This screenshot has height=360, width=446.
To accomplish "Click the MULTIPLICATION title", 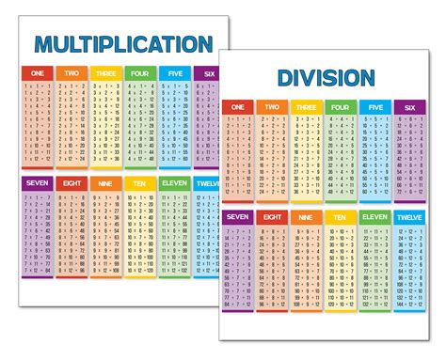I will click(x=123, y=43).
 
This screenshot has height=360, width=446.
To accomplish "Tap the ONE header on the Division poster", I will click(x=237, y=107).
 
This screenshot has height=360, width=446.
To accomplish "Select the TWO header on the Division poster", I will click(x=271, y=107).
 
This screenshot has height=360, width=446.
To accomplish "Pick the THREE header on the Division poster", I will click(x=305, y=107).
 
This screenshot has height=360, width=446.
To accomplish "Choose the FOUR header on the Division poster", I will click(x=340, y=107).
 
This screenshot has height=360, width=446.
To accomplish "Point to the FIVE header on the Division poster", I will click(x=374, y=107).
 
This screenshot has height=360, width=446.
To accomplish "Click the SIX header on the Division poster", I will click(x=408, y=107).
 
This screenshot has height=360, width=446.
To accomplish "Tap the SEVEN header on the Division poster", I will click(x=237, y=217).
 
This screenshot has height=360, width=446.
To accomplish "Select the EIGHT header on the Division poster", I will click(x=271, y=217).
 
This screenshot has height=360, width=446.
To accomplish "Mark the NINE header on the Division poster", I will click(x=305, y=217).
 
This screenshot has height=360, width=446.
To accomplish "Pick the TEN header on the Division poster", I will click(x=340, y=217).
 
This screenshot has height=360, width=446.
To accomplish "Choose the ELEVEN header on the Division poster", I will click(x=374, y=217).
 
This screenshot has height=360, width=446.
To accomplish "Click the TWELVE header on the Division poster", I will click(x=408, y=217).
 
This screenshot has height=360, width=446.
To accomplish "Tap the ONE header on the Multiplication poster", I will click(x=38, y=73).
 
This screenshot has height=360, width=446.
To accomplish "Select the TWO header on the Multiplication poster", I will click(x=72, y=73).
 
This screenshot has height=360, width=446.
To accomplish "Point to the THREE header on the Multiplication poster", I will click(x=105, y=73).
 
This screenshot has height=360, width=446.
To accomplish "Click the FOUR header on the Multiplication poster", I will click(x=139, y=73).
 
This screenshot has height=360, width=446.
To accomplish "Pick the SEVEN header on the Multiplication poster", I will click(x=38, y=182).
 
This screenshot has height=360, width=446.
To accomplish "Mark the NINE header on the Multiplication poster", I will click(x=105, y=182).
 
